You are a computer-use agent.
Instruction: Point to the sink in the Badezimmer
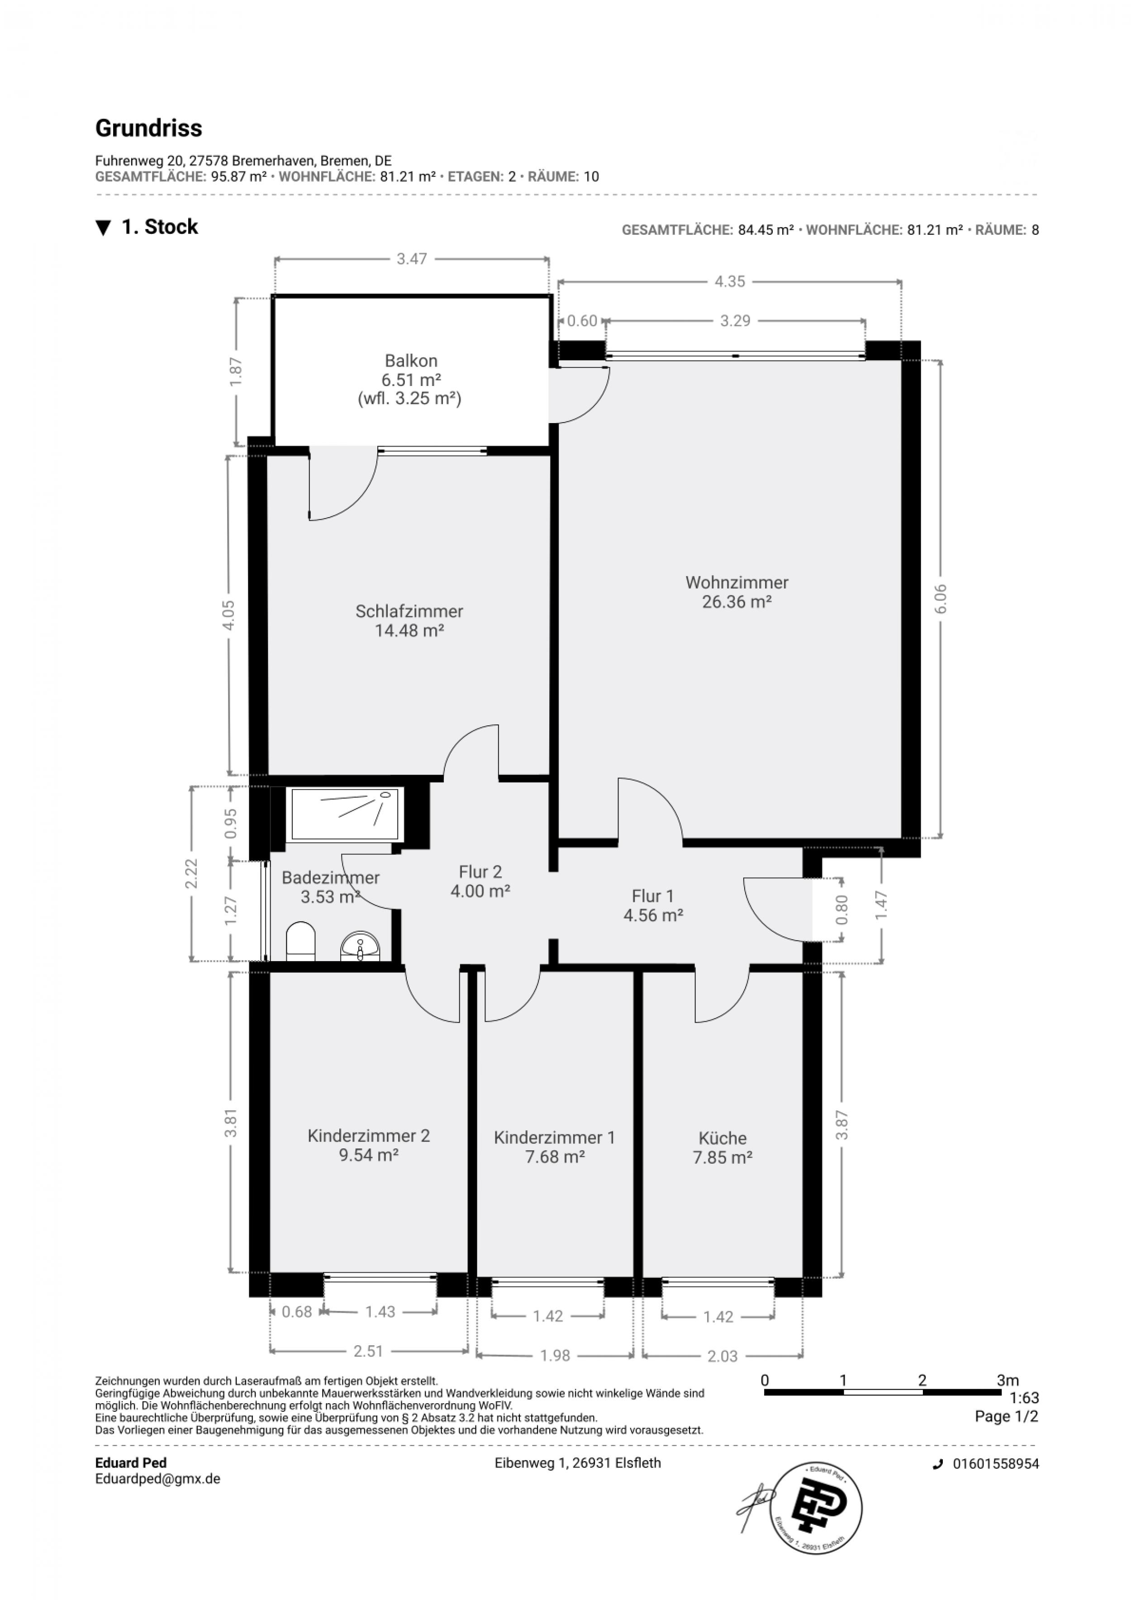tap(360, 946)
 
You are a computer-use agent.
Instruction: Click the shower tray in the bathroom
tap(345, 814)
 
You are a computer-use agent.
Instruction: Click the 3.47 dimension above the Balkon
tap(411, 259)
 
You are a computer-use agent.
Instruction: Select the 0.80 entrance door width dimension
tap(842, 910)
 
